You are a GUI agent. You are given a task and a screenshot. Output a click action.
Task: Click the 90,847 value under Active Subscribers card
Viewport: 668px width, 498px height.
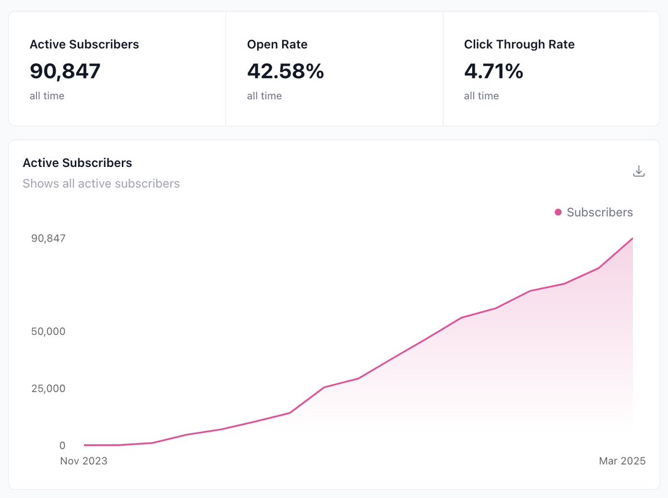click(65, 71)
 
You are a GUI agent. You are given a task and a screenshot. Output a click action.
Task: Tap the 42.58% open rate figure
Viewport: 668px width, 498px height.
click(285, 71)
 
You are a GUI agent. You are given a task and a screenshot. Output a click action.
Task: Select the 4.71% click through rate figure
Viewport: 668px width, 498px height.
click(493, 71)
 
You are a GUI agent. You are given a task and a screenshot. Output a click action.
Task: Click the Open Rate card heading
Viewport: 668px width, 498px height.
click(277, 45)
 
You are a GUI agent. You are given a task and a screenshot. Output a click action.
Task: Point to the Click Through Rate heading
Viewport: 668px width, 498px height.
click(519, 45)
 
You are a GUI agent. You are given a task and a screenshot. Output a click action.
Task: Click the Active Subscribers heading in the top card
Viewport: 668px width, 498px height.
click(84, 45)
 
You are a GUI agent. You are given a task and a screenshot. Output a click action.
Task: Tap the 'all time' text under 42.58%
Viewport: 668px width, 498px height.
click(264, 96)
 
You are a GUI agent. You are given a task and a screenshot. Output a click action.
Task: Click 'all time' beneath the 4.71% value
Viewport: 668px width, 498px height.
click(481, 96)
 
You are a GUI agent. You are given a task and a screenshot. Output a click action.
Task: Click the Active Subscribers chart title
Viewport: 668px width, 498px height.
click(77, 163)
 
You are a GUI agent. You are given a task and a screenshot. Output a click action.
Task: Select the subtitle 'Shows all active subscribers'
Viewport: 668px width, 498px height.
click(101, 184)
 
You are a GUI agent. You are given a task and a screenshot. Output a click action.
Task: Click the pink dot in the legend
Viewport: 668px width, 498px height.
click(558, 212)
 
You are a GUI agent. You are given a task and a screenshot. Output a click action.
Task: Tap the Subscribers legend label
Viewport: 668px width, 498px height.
click(600, 212)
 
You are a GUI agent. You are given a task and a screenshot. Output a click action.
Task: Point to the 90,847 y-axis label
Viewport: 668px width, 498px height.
click(48, 238)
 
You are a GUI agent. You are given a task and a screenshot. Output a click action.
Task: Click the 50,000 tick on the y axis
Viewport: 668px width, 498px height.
click(48, 331)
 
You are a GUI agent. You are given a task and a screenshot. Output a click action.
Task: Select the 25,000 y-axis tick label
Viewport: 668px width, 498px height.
click(48, 388)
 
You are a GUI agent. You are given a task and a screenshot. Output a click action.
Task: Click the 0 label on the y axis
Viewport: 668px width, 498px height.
click(62, 445)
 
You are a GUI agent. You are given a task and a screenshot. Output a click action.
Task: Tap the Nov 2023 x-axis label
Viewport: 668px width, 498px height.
click(83, 461)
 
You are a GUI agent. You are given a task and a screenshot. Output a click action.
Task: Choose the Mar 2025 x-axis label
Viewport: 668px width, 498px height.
click(622, 461)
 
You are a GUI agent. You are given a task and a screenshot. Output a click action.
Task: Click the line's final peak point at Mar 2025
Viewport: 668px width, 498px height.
click(632, 239)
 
